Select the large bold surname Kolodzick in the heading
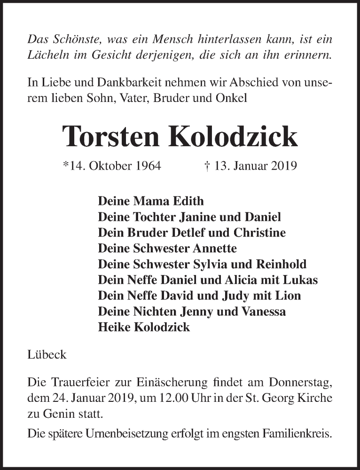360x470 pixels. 236,137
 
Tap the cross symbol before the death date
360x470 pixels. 207,166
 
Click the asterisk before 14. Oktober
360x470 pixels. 65,165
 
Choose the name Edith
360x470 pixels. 189,201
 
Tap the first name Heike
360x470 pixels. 112,328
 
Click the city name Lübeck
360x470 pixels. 47,355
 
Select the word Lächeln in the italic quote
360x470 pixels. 46,55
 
